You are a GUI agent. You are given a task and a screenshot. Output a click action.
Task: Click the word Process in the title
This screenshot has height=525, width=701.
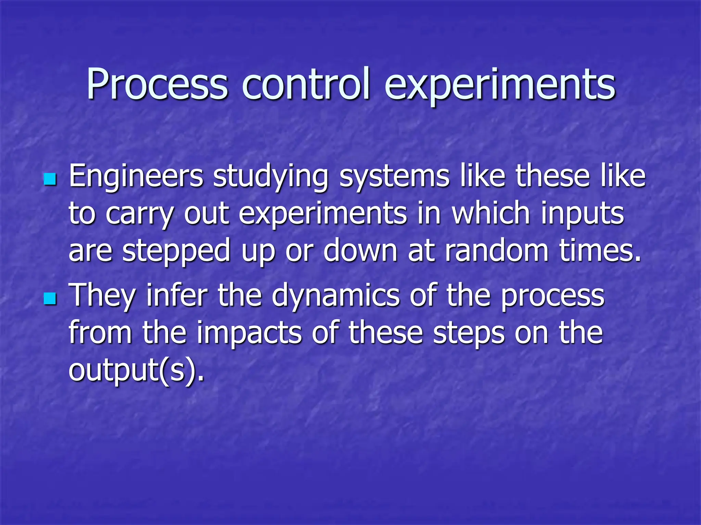(x=157, y=84)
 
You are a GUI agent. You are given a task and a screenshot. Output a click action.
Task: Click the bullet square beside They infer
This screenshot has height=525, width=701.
(x=50, y=298)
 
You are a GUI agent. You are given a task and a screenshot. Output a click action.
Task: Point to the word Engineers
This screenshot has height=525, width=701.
(x=136, y=177)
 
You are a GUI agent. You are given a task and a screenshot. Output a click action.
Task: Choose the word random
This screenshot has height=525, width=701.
(x=497, y=250)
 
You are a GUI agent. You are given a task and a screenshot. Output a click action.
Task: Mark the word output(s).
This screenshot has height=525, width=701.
(x=136, y=371)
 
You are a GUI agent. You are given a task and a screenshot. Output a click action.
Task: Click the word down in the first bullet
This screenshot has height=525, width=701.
(x=360, y=250)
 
